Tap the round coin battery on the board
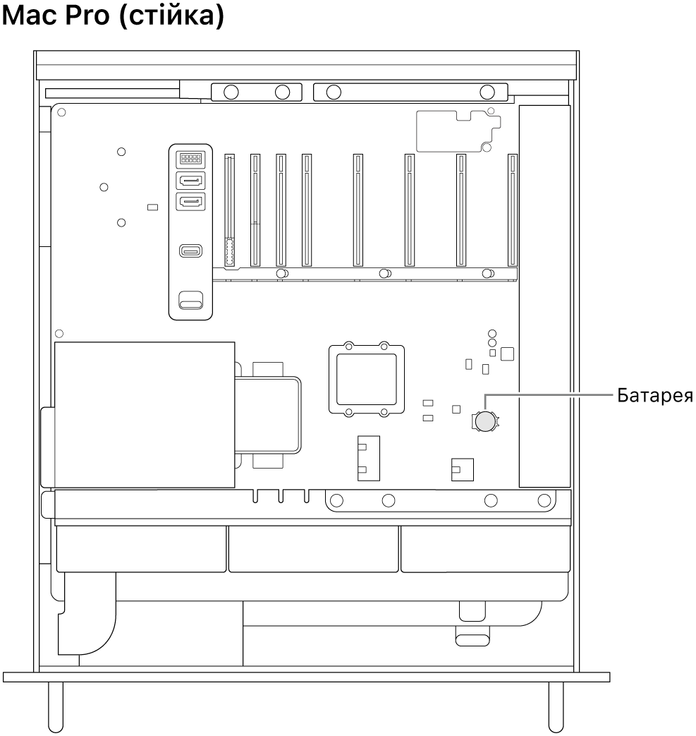tap(484, 421)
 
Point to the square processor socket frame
tap(366, 378)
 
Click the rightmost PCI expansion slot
tap(513, 211)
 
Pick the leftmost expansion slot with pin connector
tap(228, 211)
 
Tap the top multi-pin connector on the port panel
tap(190, 159)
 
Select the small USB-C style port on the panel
tap(190, 251)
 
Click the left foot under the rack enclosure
tap(55, 706)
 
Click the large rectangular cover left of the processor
tap(144, 415)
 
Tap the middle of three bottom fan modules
tap(313, 548)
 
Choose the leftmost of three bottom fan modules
tap(141, 548)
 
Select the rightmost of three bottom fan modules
tap(485, 548)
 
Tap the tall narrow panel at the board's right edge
tap(544, 296)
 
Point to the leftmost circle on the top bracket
tap(229, 91)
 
